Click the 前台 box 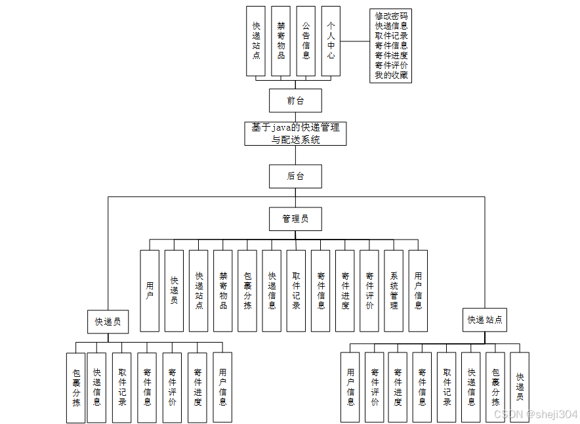295,100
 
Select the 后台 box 295,176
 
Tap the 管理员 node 295,219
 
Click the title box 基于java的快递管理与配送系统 295,133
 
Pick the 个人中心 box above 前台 331,41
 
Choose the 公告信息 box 306,41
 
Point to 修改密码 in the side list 390,16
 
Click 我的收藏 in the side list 390,75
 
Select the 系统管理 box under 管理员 394,291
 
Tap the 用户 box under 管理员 150,291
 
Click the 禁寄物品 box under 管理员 223,291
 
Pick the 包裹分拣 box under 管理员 247,291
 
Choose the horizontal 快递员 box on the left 108,322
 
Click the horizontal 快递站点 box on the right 485,320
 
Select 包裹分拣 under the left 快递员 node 76,387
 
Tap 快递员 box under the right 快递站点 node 520,387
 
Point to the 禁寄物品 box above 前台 281,41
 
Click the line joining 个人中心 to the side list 355,41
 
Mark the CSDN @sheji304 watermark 535,414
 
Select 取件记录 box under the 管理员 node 296,291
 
